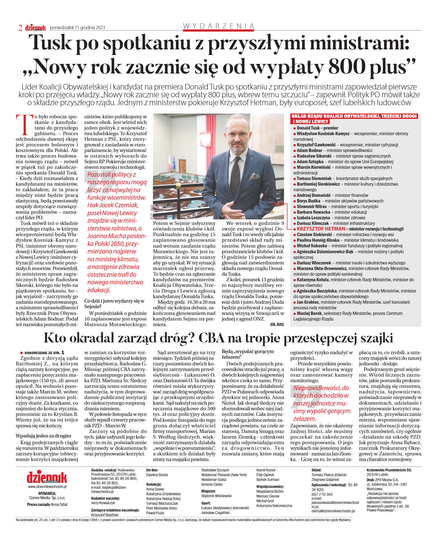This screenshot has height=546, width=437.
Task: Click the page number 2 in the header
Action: tap(20, 28)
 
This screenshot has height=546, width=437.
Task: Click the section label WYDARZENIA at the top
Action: tap(219, 26)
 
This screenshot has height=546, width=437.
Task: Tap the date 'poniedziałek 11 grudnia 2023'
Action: tap(77, 27)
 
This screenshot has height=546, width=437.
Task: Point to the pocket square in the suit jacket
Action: tap(254, 176)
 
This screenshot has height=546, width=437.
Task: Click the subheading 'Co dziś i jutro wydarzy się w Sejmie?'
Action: tap(114, 304)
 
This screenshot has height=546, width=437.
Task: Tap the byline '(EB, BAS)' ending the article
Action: tap(277, 324)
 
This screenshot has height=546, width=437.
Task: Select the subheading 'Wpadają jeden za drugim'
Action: tap(43, 436)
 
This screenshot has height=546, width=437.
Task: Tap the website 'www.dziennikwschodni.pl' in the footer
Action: tap(47, 487)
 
